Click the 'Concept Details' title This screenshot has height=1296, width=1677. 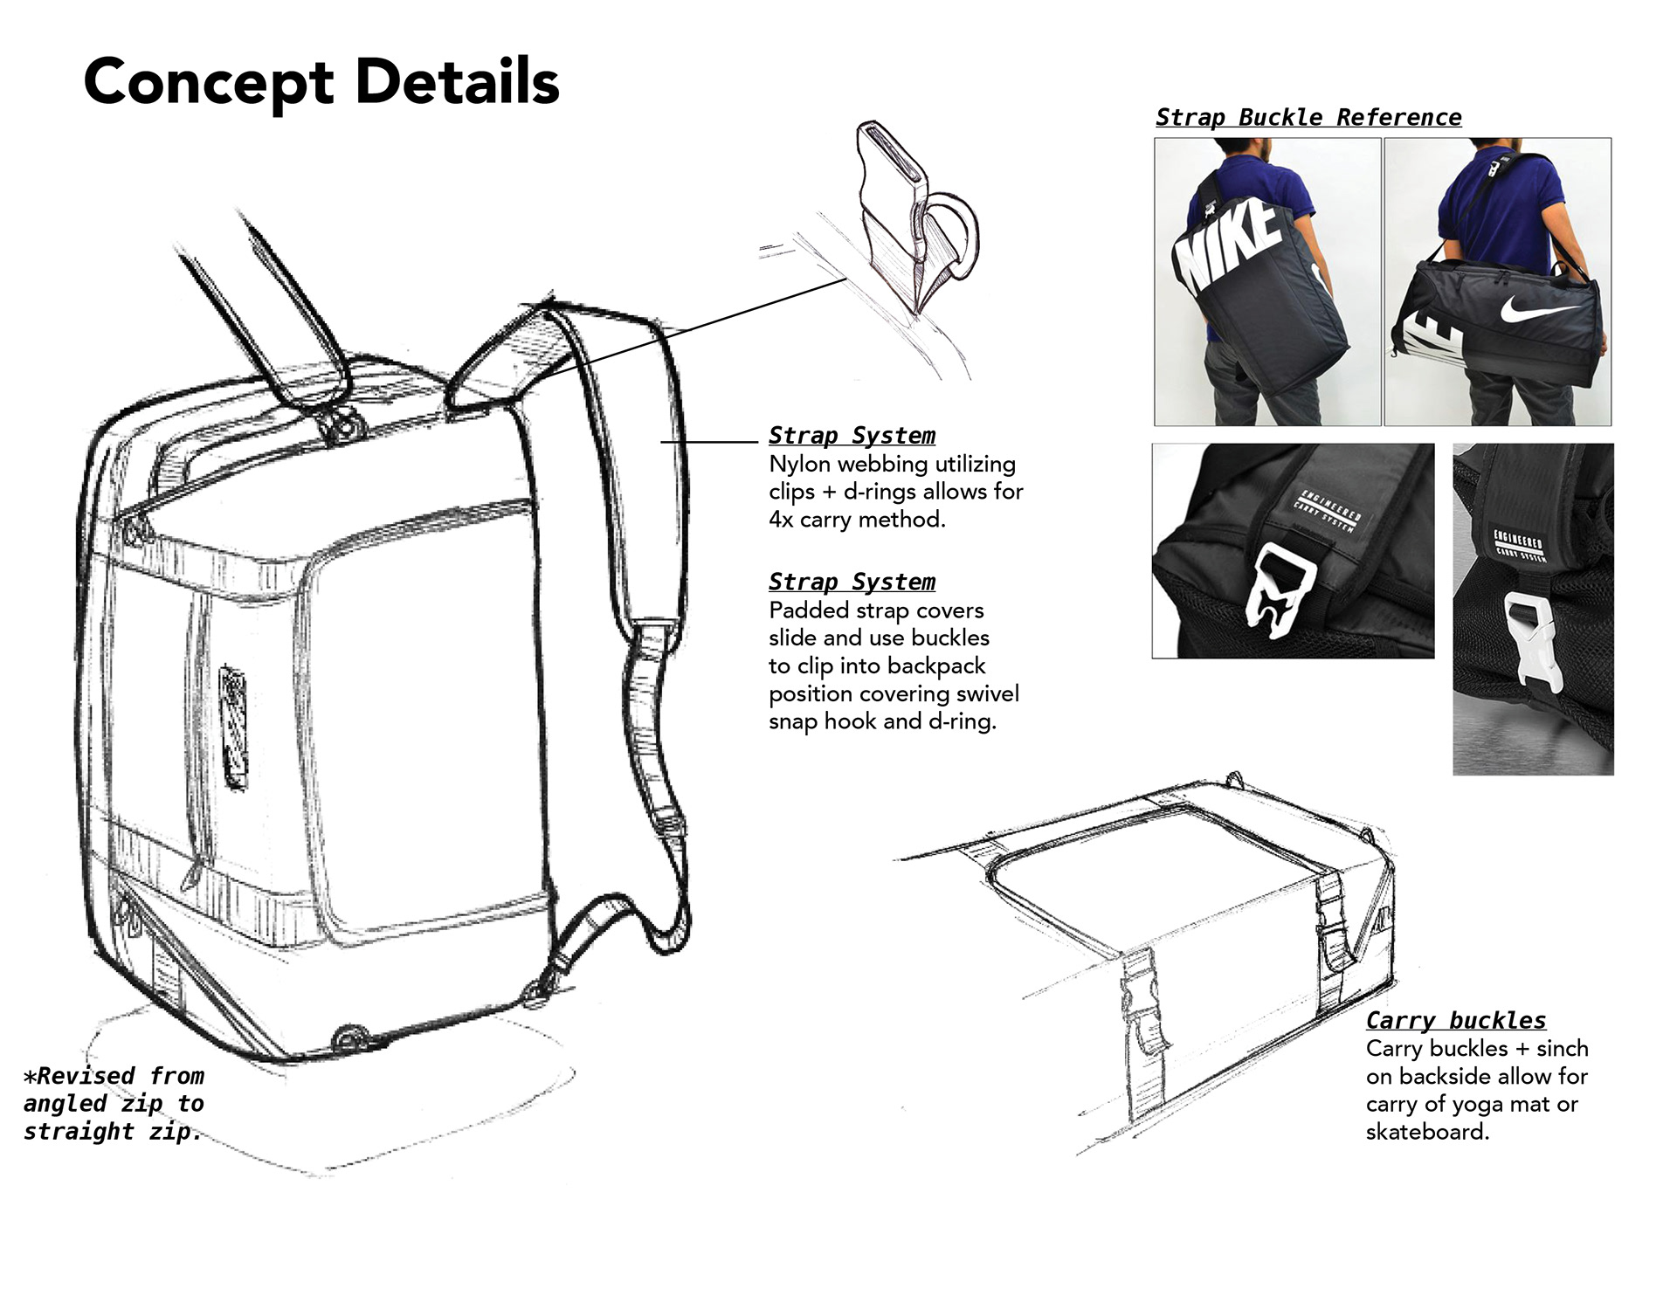321,82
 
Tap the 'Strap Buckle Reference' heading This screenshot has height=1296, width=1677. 1308,117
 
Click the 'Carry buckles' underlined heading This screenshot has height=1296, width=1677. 1455,1020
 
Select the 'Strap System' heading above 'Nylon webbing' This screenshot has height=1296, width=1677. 851,435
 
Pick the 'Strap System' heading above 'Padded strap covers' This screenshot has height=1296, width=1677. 851,582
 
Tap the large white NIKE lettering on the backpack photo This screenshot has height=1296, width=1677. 1227,245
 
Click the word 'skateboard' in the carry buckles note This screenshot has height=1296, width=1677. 1425,1132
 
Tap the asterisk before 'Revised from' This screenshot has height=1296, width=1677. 31,1076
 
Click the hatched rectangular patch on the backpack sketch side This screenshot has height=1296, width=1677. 233,727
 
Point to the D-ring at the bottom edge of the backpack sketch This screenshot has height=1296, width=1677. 349,1037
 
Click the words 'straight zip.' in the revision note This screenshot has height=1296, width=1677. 112,1132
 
